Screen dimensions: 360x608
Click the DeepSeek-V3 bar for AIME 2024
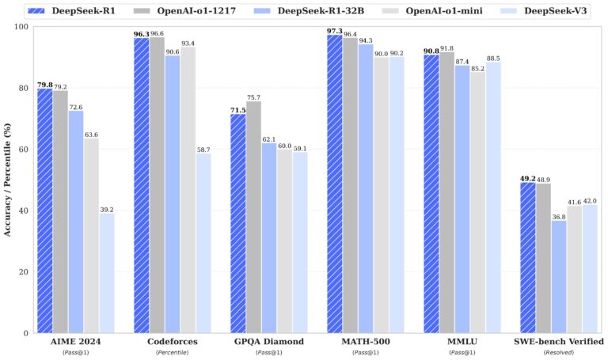coord(107,273)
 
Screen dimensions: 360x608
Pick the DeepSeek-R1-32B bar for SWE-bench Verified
coord(559,276)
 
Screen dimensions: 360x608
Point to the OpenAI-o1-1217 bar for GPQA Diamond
coord(253,217)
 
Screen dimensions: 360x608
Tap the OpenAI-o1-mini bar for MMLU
coord(478,203)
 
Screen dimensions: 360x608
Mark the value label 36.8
coord(559,215)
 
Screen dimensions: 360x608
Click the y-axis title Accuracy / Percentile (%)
coord(8,180)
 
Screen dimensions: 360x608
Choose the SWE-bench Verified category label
coord(559,342)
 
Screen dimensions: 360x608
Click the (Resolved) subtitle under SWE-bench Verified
coord(559,353)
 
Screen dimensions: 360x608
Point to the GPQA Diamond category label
coord(269,342)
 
